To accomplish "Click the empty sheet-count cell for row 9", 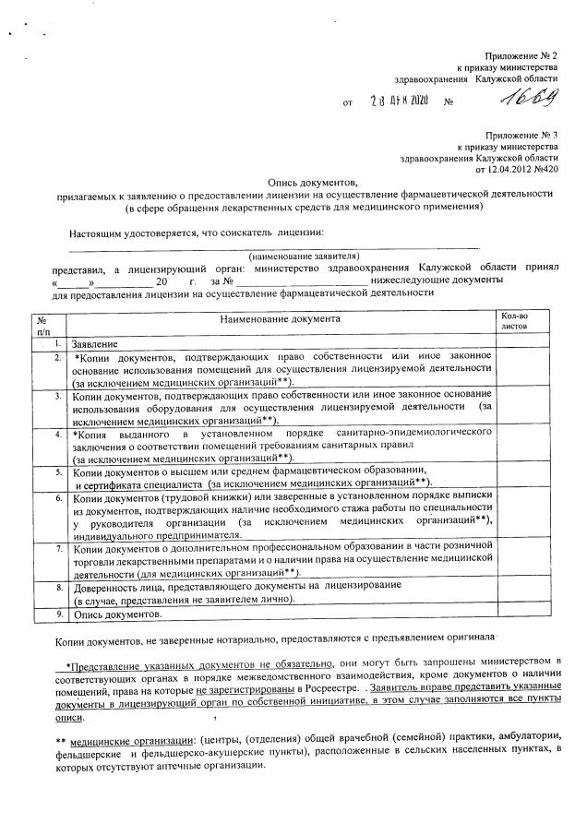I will pos(522,614).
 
